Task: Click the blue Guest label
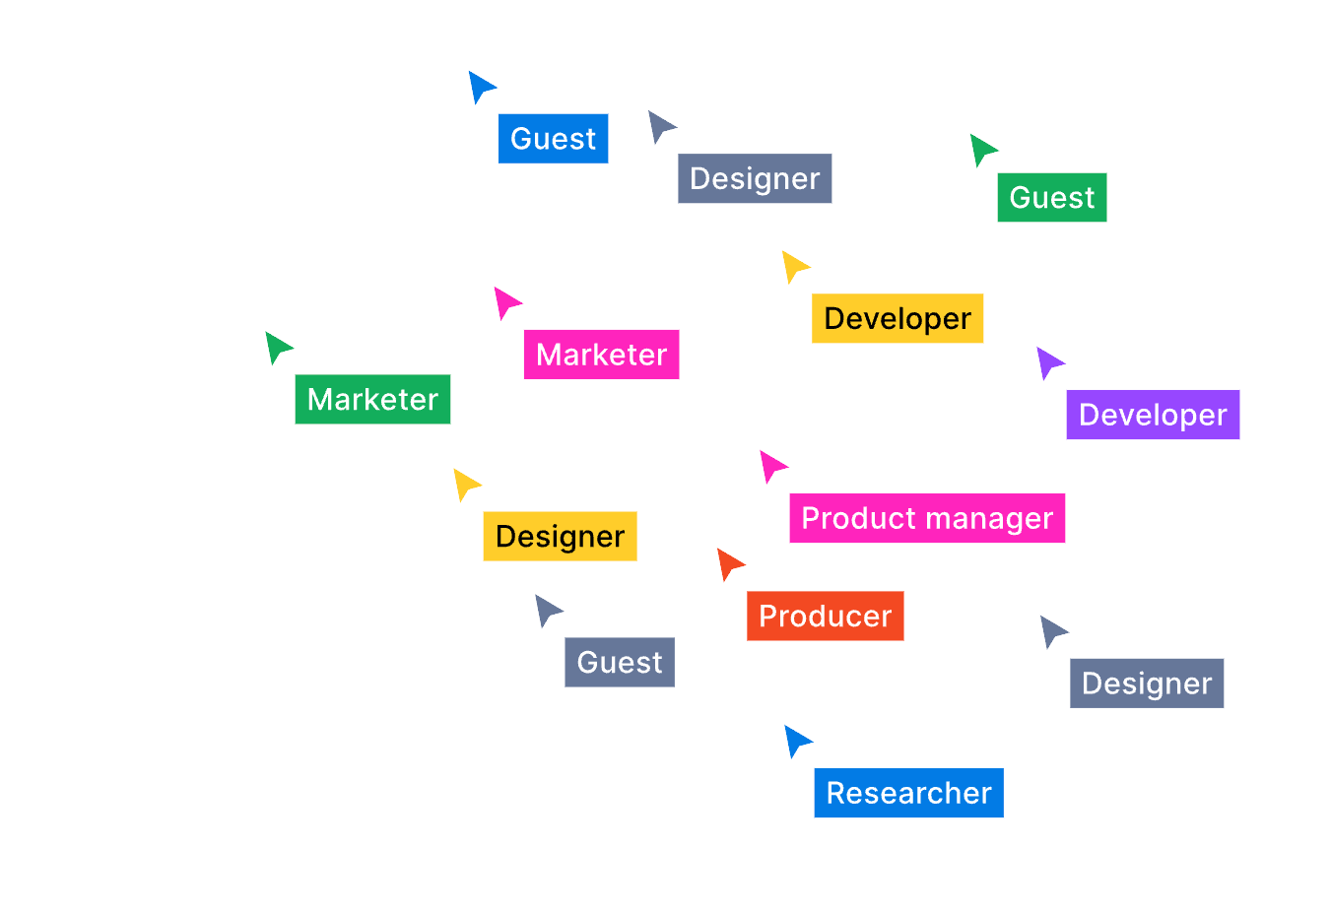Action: coord(553,139)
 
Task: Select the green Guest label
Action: coord(1051,198)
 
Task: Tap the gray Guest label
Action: coord(619,662)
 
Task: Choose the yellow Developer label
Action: coord(897,318)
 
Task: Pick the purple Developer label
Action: coord(1152,415)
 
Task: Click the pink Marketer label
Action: coord(601,355)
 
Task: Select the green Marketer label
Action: coord(372,399)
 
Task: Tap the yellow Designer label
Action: coord(560,536)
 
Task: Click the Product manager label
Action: coord(926,518)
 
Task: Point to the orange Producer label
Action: coord(825,616)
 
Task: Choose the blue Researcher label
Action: coord(908,793)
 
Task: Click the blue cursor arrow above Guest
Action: coord(480,86)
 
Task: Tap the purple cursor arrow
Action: coord(1048,361)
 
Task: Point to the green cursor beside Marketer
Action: coord(277,347)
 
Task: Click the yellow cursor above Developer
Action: coord(793,265)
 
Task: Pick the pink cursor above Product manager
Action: coord(771,465)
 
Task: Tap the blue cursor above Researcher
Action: coord(796,740)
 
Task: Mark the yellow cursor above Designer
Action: coord(465,484)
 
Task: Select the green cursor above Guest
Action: coord(981,149)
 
